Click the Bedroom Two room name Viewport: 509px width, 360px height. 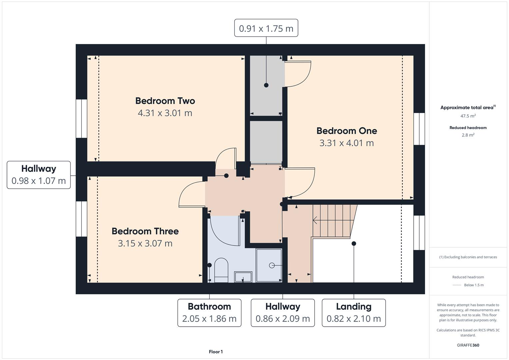pos(165,101)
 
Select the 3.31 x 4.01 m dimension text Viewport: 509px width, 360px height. pos(346,143)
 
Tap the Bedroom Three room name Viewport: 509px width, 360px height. pos(145,231)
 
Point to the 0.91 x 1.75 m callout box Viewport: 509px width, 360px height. pos(266,28)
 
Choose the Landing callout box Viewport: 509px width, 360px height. pos(354,312)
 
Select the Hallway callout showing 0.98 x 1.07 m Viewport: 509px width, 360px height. pos(39,175)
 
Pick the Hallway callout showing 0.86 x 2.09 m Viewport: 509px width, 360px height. pos(283,312)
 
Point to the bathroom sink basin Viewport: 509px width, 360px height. pos(243,277)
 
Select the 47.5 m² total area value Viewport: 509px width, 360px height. pos(468,116)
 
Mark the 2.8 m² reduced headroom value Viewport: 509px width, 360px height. pos(468,135)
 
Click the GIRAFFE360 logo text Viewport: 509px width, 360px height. pos(468,345)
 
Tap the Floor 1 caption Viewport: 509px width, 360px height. pos(216,352)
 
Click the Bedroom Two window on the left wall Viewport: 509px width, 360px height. pos(81,118)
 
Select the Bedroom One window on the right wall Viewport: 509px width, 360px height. pos(419,129)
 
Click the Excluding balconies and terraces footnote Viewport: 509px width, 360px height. pos(468,257)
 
